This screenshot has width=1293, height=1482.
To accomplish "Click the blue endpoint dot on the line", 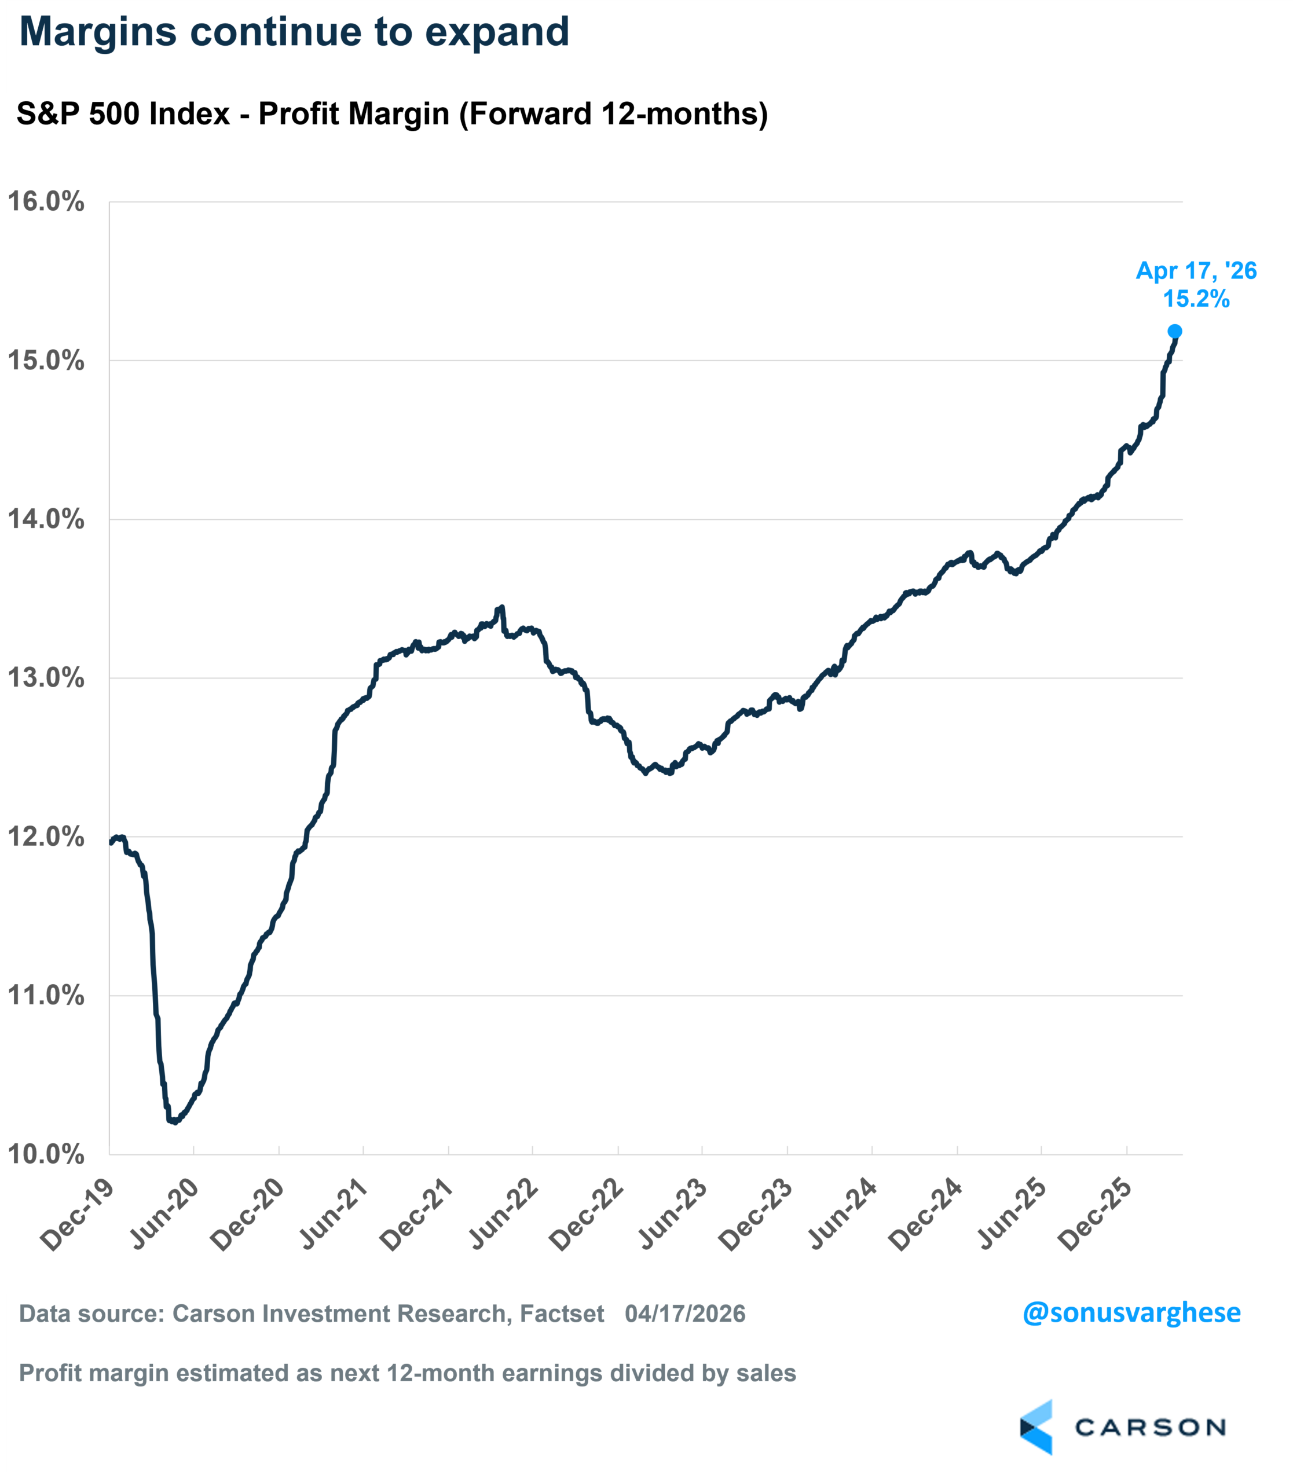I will pos(1175,331).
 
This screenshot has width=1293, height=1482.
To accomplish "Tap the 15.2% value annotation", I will pos(1196,299).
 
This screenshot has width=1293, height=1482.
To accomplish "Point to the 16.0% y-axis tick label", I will pos(46,202).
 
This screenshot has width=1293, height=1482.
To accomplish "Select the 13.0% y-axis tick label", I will pos(46,678).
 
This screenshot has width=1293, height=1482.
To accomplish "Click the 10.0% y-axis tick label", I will pos(46,1154).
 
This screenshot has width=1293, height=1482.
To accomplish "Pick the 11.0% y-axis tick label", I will pos(46,996).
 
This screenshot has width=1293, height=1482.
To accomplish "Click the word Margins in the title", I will pos(97,32).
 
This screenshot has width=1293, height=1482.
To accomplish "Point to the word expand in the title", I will pos(497,32).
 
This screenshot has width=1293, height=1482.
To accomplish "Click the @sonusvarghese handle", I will pos(1131,1312).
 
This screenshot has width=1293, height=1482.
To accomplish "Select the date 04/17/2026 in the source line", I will pos(685,1314).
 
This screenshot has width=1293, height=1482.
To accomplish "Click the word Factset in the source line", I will pos(562,1314).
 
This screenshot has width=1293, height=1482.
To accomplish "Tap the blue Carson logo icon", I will pos(1037,1426).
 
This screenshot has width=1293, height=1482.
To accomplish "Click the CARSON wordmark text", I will pos(1150,1427).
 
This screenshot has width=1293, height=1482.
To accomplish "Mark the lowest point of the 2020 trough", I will pos(174,1121).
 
